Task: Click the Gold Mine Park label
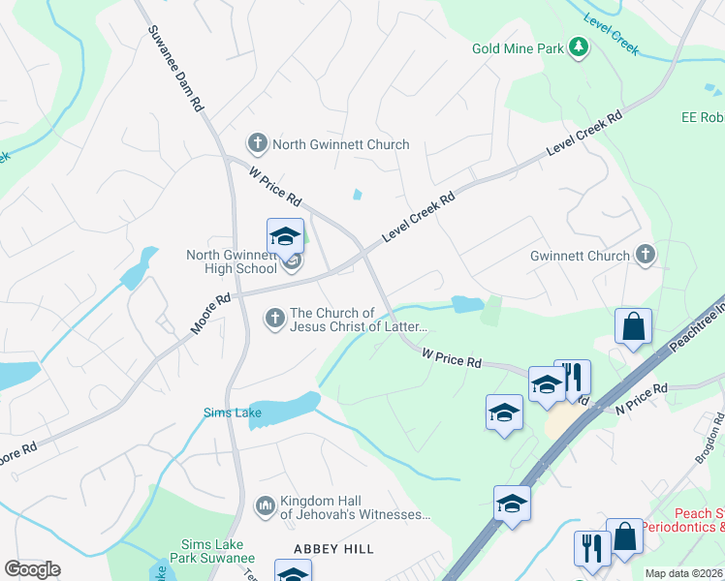(x=518, y=47)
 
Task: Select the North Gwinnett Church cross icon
(x=258, y=144)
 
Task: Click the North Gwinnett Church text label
(x=340, y=145)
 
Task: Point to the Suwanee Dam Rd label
(x=175, y=68)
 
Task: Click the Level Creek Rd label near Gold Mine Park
(x=584, y=136)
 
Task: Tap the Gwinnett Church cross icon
(x=646, y=256)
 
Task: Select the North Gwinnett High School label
(x=232, y=262)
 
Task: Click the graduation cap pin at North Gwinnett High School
(x=285, y=236)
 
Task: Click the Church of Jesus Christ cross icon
(x=275, y=317)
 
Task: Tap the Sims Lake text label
(x=227, y=413)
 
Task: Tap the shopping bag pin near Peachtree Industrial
(x=633, y=327)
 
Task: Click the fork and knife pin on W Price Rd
(x=572, y=377)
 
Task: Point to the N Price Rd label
(x=642, y=399)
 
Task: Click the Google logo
(x=32, y=569)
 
